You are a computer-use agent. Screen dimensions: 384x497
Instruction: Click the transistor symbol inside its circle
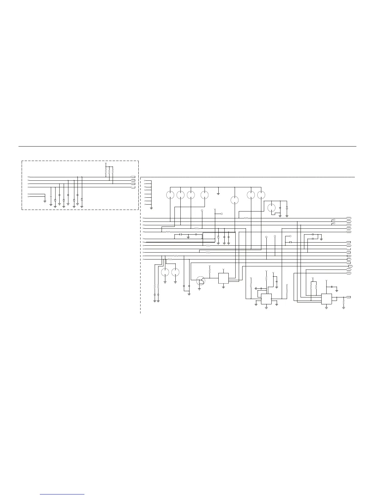pyautogui.click(x=200, y=281)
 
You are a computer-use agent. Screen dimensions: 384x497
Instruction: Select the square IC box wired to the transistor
pyautogui.click(x=223, y=278)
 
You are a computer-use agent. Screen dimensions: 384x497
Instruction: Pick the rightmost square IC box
pyautogui.click(x=326, y=299)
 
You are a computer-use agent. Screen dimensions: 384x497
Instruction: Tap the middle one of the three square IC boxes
pyautogui.click(x=266, y=299)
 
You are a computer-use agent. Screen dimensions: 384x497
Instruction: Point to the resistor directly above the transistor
pyautogui.click(x=210, y=270)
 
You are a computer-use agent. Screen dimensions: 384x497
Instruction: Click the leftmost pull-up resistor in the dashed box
pyautogui.click(x=106, y=172)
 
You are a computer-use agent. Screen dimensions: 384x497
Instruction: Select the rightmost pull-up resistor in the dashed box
pyautogui.click(x=113, y=172)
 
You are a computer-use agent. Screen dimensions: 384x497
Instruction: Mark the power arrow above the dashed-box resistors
pyautogui.click(x=106, y=164)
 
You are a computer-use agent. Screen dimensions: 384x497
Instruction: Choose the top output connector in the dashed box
pyautogui.click(x=133, y=177)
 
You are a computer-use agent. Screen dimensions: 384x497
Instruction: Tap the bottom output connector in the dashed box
pyautogui.click(x=133, y=187)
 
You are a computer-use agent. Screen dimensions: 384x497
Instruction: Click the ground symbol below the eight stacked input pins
pyautogui.click(x=151, y=208)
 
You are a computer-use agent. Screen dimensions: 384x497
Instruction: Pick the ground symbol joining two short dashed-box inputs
pyautogui.click(x=45, y=201)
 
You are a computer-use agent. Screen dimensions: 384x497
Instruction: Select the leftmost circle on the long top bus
pyautogui.click(x=170, y=195)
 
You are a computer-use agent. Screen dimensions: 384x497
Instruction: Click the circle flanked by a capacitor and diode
pyautogui.click(x=272, y=208)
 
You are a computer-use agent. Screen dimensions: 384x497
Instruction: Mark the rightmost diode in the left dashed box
pyautogui.click(x=82, y=200)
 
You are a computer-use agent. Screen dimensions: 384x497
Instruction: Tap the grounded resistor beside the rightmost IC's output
pyautogui.click(x=344, y=302)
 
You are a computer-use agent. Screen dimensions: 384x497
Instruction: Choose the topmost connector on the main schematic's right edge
pyautogui.click(x=349, y=218)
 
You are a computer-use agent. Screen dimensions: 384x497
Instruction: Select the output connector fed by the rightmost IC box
pyautogui.click(x=349, y=297)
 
